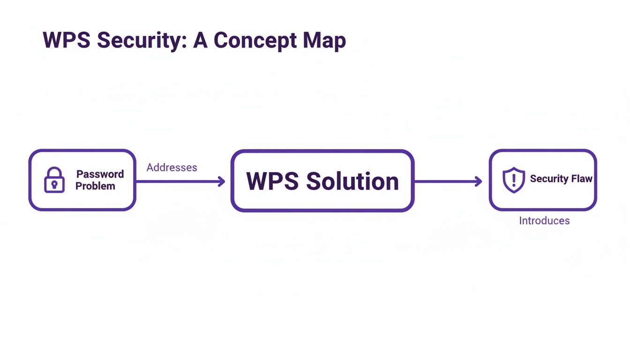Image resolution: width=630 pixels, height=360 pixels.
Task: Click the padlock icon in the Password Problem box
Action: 54,180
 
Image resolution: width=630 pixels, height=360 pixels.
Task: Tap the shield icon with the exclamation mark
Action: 514,180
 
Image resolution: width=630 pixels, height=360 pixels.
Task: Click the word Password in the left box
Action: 100,174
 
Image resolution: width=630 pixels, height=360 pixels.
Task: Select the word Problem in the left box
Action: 95,186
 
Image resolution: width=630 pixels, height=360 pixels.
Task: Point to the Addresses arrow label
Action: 172,167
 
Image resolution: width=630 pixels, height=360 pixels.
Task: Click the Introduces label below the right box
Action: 544,221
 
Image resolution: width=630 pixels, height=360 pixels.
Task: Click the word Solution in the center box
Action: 352,181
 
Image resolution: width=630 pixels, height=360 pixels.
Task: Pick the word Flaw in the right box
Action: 582,179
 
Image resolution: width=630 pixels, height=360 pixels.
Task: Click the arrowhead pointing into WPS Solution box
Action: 222,181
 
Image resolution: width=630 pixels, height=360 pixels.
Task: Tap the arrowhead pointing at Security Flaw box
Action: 479,181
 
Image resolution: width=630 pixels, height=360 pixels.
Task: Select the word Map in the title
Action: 324,40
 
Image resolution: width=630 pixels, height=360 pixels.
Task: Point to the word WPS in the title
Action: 67,40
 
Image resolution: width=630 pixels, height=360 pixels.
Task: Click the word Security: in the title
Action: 142,40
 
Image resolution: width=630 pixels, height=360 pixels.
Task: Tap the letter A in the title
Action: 200,40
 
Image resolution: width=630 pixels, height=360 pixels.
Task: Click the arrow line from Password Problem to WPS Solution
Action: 178,181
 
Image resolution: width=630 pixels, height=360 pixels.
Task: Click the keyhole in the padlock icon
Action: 54,184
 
